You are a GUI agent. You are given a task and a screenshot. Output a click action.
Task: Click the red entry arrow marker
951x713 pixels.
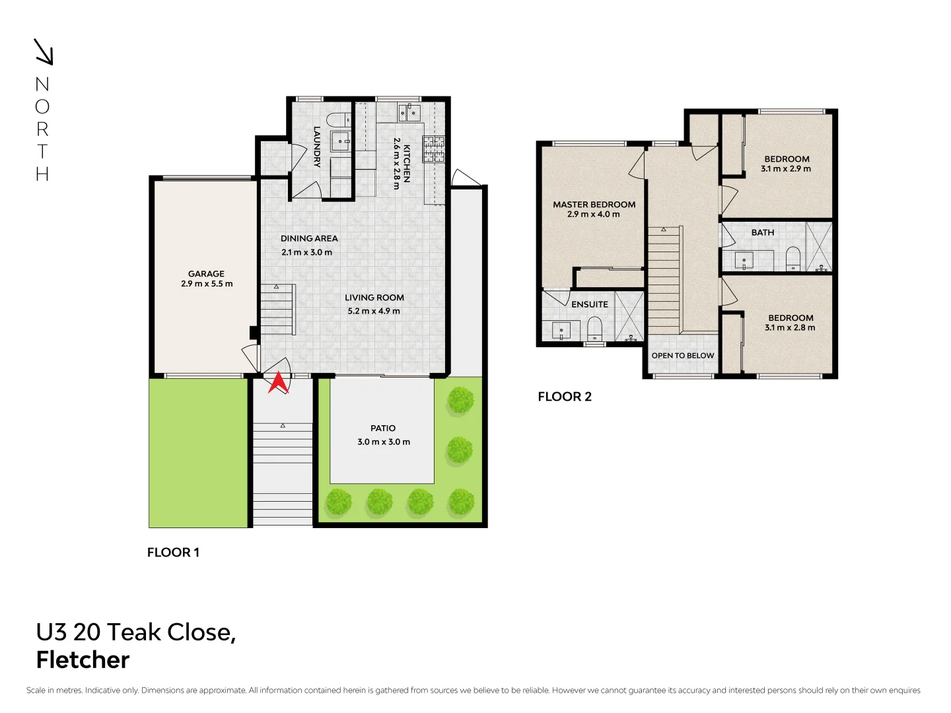[x=278, y=382]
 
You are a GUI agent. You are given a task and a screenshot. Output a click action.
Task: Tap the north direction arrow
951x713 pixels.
[x=44, y=52]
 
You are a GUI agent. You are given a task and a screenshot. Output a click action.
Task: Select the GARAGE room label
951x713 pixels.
[x=206, y=273]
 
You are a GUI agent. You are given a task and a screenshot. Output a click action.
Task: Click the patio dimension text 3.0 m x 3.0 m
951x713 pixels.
[x=384, y=442]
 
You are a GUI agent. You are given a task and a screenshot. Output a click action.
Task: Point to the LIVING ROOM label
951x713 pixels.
[x=374, y=298]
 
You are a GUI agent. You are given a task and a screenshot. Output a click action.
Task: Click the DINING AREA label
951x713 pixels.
[x=309, y=238]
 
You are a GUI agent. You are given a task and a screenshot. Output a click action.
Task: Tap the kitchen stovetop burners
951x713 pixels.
[x=434, y=149]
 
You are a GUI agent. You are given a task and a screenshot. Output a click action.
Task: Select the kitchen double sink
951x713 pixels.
[x=409, y=113]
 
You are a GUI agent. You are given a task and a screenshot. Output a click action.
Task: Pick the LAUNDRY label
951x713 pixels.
[x=317, y=147]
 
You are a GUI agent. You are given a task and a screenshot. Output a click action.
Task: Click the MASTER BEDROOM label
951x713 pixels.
[x=594, y=205]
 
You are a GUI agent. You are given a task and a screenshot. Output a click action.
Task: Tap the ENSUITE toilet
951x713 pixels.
[x=595, y=328]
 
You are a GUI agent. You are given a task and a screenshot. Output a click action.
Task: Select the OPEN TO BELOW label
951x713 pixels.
[x=683, y=355]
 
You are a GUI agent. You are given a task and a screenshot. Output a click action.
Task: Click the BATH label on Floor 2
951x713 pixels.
[x=763, y=232]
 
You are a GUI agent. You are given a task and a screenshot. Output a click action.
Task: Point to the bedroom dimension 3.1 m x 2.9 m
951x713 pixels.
[x=786, y=169]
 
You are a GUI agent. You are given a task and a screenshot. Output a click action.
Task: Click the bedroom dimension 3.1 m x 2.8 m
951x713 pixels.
[x=790, y=327]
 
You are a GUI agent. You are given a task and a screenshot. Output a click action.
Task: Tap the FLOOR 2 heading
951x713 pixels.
[x=565, y=397]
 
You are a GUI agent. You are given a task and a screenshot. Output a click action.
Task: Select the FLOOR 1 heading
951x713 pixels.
[x=173, y=553]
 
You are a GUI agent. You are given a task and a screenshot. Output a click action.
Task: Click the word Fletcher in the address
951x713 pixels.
[x=83, y=660]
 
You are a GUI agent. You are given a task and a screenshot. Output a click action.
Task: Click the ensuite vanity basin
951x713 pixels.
[x=561, y=329]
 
